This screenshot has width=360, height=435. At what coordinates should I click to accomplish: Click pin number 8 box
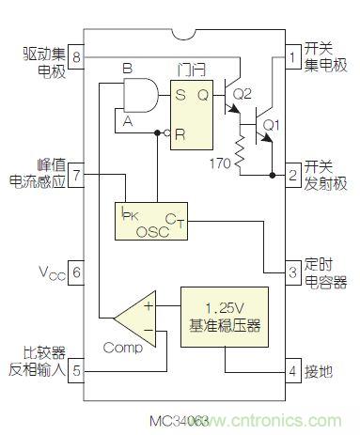pyautogui.click(x=77, y=56)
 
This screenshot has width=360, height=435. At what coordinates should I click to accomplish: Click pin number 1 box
pyautogui.click(x=293, y=56)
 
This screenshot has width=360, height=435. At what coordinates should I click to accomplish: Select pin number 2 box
pyautogui.click(x=293, y=174)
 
